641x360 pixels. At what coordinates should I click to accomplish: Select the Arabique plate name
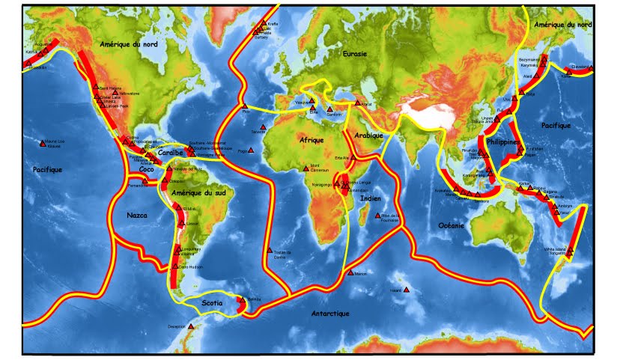(369, 135)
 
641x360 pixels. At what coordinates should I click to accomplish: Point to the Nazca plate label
(137, 215)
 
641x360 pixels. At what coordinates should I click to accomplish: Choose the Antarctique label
(330, 314)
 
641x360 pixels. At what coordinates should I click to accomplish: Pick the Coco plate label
(147, 169)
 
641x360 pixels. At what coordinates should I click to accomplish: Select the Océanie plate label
(452, 225)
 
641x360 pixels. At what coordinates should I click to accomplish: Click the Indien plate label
(370, 198)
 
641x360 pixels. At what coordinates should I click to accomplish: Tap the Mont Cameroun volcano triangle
(305, 168)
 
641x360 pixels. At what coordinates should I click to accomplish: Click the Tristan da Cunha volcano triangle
(269, 250)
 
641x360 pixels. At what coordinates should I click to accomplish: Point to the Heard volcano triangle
(407, 290)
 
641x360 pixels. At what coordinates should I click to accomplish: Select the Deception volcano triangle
(191, 326)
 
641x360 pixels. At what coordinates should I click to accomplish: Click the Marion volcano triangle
(349, 274)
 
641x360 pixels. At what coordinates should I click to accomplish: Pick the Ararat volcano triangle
(357, 103)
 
